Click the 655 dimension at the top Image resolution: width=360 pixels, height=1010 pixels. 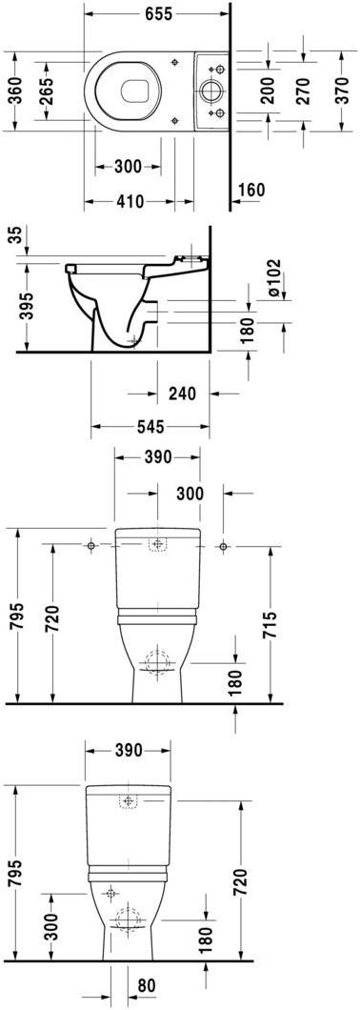(x=158, y=13)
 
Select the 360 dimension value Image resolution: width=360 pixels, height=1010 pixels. (x=16, y=90)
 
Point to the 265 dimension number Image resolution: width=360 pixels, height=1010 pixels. (x=49, y=91)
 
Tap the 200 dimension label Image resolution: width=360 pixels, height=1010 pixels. (x=268, y=91)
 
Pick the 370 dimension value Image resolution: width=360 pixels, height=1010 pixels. (x=341, y=91)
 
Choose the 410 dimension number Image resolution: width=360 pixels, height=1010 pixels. (x=130, y=202)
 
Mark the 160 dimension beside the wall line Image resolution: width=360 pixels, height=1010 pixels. (x=251, y=190)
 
